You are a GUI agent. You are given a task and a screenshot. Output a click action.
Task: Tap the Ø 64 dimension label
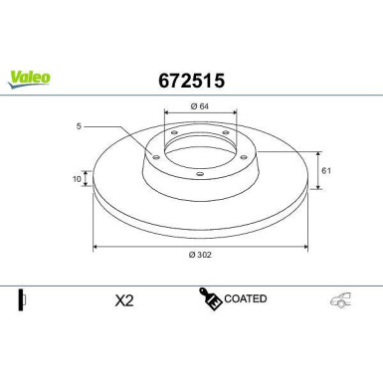click(x=198, y=104)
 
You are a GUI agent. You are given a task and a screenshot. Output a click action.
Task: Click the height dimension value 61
click(x=326, y=170)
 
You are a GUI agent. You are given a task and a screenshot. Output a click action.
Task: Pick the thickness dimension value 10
click(x=76, y=180)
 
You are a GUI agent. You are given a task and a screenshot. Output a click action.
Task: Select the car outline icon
click(x=341, y=300)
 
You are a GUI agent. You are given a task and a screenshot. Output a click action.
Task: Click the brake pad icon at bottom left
click(x=23, y=300)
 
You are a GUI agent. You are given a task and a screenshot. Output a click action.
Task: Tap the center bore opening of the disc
click(x=199, y=147)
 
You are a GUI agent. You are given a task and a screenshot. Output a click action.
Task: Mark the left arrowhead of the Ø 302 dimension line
click(x=96, y=246)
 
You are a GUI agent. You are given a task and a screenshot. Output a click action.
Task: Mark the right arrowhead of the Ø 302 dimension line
click(x=302, y=246)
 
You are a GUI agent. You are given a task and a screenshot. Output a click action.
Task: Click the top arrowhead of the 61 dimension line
click(x=317, y=153)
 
